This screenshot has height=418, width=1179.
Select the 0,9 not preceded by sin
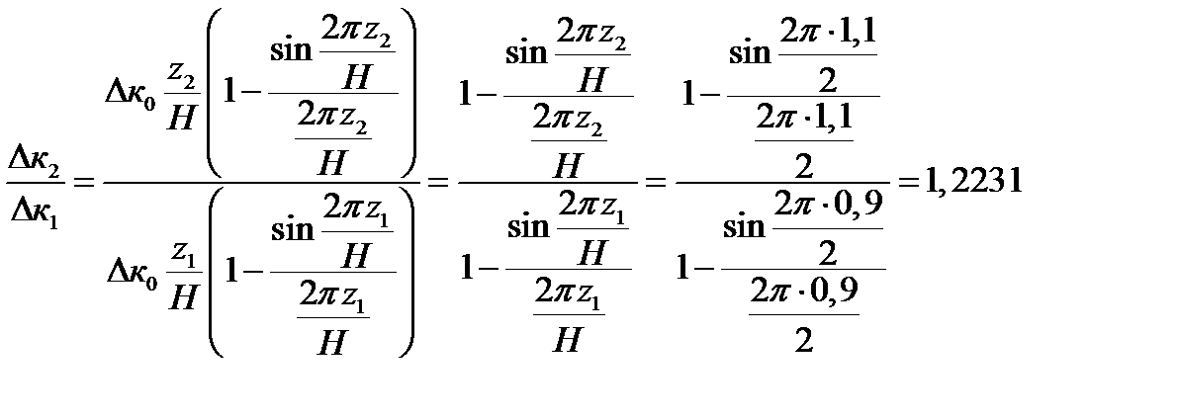pos(835,299)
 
